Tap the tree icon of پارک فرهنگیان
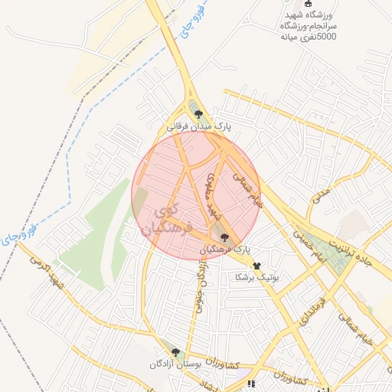(x=224, y=238)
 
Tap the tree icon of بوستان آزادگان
(x=175, y=353)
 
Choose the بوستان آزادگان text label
(x=175, y=365)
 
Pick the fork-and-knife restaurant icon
(x=250, y=383)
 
